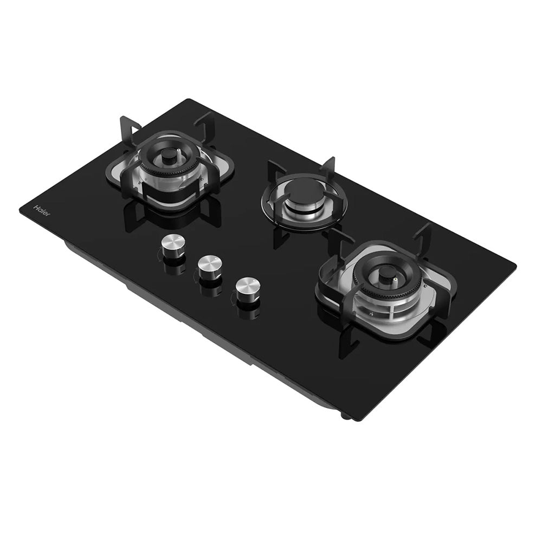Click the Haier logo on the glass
pyautogui.click(x=42, y=211)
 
